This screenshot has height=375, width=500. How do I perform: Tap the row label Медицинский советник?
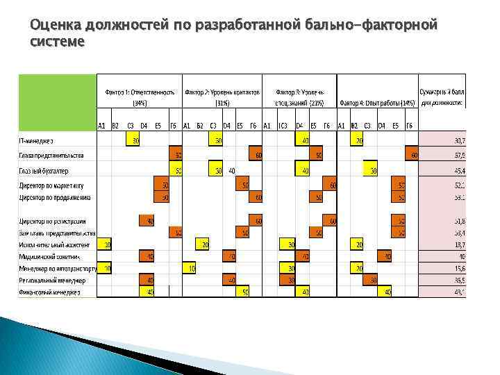pyautogui.click(x=48, y=256)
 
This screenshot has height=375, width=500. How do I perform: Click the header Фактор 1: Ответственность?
pyautogui.click(x=139, y=92)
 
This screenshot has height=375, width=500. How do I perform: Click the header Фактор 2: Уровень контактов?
pyautogui.click(x=222, y=92)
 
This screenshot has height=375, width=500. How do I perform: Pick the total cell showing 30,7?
pyautogui.click(x=458, y=141)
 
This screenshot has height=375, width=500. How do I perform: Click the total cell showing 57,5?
pyautogui.click(x=458, y=156)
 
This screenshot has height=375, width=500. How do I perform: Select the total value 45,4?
pyautogui.click(x=458, y=170)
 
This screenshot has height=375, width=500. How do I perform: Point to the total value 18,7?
pyautogui.click(x=458, y=244)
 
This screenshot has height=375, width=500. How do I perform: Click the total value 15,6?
pyautogui.click(x=458, y=268)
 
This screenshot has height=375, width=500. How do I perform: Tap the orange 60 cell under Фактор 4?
pyautogui.click(x=414, y=155)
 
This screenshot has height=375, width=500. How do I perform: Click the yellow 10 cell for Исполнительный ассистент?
pyautogui.click(x=105, y=244)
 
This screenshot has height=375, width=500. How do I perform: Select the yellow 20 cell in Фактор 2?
pyautogui.click(x=204, y=244)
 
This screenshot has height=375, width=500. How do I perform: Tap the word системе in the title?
pyautogui.click(x=58, y=42)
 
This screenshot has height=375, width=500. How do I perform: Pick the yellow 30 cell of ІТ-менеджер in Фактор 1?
pyautogui.click(x=133, y=141)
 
